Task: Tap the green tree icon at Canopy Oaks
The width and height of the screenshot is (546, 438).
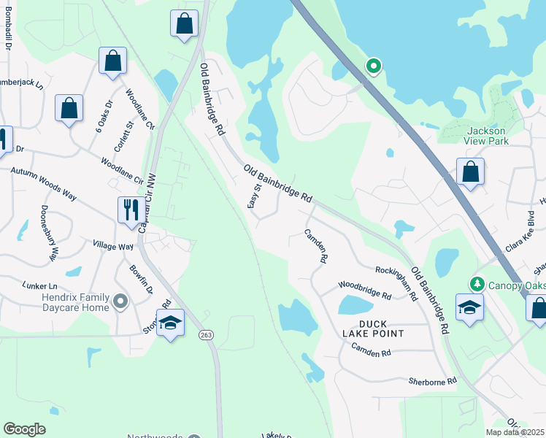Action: pos(477,283)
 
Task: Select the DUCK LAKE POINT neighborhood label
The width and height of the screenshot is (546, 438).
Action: pos(372,328)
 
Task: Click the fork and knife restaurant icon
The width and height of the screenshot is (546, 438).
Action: pos(131,210)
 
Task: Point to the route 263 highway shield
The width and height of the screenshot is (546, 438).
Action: pos(206,334)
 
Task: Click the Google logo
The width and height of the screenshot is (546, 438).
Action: pos(24,429)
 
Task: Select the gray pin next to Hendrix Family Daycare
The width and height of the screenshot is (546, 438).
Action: pos(121,300)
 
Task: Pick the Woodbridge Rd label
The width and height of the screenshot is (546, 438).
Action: pos(365,291)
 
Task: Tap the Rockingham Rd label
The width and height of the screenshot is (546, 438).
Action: pos(396,283)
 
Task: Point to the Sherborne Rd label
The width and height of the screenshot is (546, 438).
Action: pos(432,381)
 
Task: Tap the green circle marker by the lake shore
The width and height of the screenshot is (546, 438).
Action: pos(374,67)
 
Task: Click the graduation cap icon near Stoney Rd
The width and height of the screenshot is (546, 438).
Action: pos(170,323)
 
